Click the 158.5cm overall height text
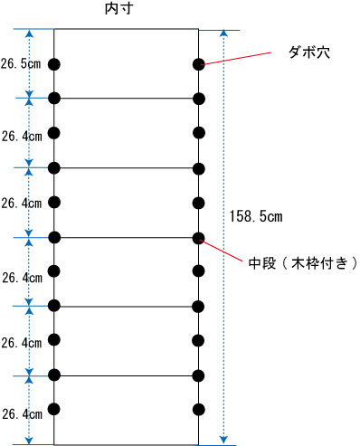[x=257, y=218]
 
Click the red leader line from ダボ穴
[x=241, y=57]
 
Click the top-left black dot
[x=54, y=64]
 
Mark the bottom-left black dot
[x=54, y=409]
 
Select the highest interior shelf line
[x=126, y=98]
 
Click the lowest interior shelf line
[x=126, y=375]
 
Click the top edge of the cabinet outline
[x=126, y=30]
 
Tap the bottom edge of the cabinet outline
[x=126, y=444]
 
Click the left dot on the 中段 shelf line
[x=54, y=238]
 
